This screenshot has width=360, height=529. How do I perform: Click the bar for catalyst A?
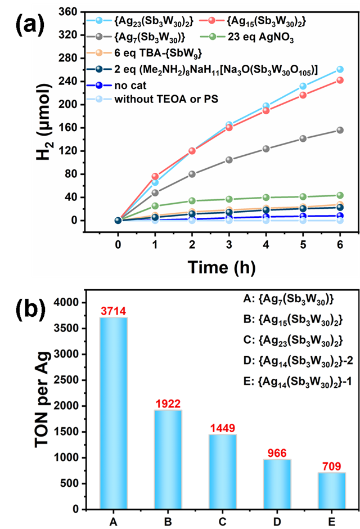(x=113, y=413)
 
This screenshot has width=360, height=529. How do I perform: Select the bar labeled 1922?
(x=168, y=459)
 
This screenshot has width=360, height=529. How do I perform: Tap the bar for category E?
(x=332, y=491)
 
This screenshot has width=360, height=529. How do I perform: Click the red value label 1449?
(x=223, y=428)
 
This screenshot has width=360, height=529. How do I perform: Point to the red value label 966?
(x=277, y=453)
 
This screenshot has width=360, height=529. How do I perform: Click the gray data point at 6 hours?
(x=340, y=130)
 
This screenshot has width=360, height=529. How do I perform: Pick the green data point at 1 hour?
(x=155, y=206)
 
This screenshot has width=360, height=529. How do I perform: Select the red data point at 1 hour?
(x=155, y=176)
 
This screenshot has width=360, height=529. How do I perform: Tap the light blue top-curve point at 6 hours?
(x=340, y=69)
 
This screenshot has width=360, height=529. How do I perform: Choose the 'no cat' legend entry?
(x=116, y=86)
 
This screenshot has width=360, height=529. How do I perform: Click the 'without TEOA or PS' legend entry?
(x=152, y=99)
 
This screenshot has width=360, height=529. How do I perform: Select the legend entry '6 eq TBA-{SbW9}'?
(x=145, y=53)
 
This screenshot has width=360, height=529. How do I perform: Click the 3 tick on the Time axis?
(x=229, y=244)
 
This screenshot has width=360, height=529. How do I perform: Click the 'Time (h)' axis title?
(x=222, y=267)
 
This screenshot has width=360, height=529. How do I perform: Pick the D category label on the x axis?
(x=277, y=522)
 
